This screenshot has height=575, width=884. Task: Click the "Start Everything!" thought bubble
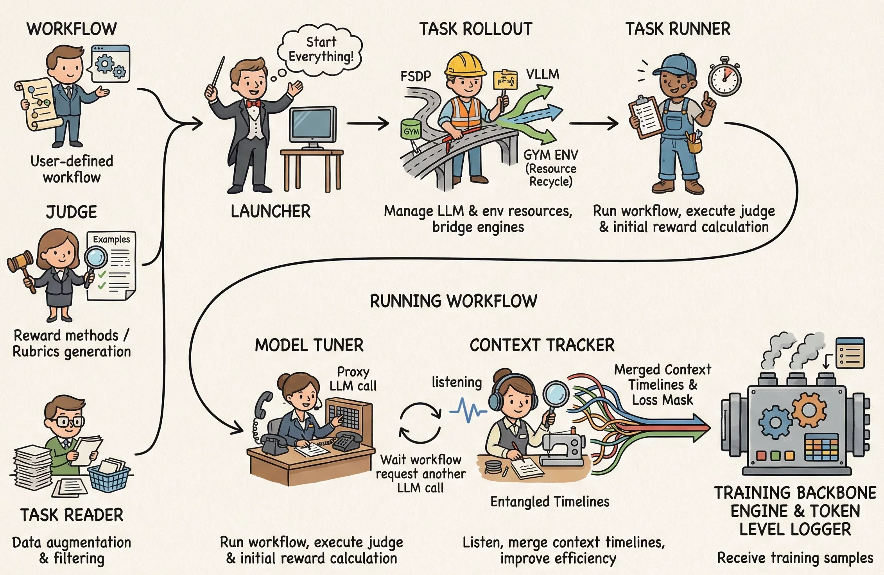point(320,50)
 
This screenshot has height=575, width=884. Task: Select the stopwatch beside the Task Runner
point(724,77)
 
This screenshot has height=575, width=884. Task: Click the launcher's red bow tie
point(253,104)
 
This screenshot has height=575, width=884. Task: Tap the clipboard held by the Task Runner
point(646,116)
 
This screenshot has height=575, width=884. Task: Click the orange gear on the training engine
point(809,410)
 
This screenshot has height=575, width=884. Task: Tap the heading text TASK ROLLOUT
point(475,29)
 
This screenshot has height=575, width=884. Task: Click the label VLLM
point(542,74)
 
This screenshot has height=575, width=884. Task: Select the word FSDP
point(416,76)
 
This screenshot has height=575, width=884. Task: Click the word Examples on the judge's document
point(111,239)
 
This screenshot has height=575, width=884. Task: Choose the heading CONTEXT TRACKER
point(542,345)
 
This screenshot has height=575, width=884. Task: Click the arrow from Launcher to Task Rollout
point(368,124)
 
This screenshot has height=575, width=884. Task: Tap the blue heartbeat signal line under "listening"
point(468,410)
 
